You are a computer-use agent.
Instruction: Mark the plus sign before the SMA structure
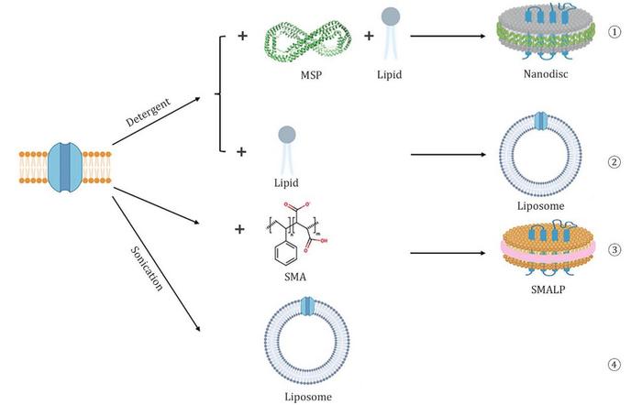click(x=241, y=229)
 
